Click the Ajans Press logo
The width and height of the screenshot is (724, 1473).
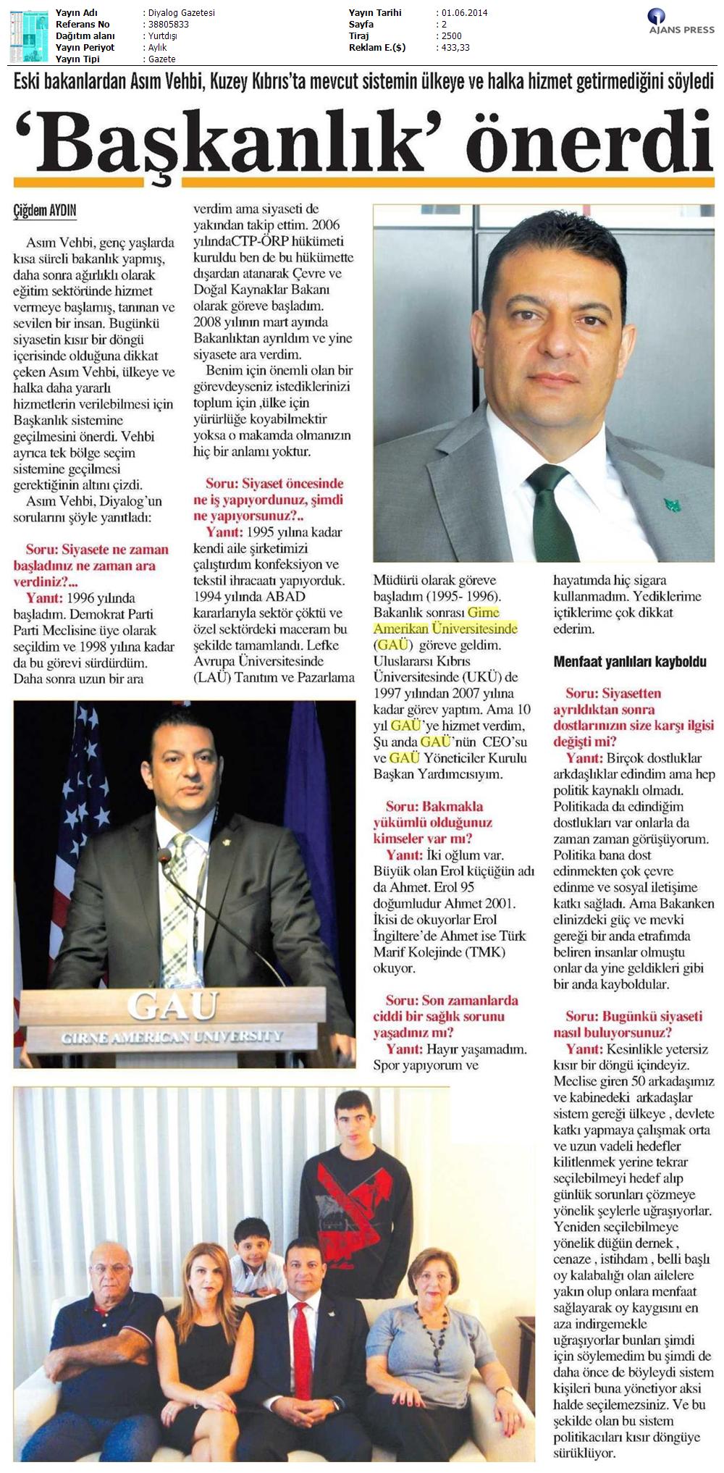[x=681, y=22]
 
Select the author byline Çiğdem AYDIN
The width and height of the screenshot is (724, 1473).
[x=45, y=211]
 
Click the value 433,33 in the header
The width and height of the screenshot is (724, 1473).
[x=455, y=48]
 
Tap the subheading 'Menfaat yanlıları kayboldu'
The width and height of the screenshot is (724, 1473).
[x=629, y=661]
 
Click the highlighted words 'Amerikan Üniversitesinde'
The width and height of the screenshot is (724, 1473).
[x=445, y=629]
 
